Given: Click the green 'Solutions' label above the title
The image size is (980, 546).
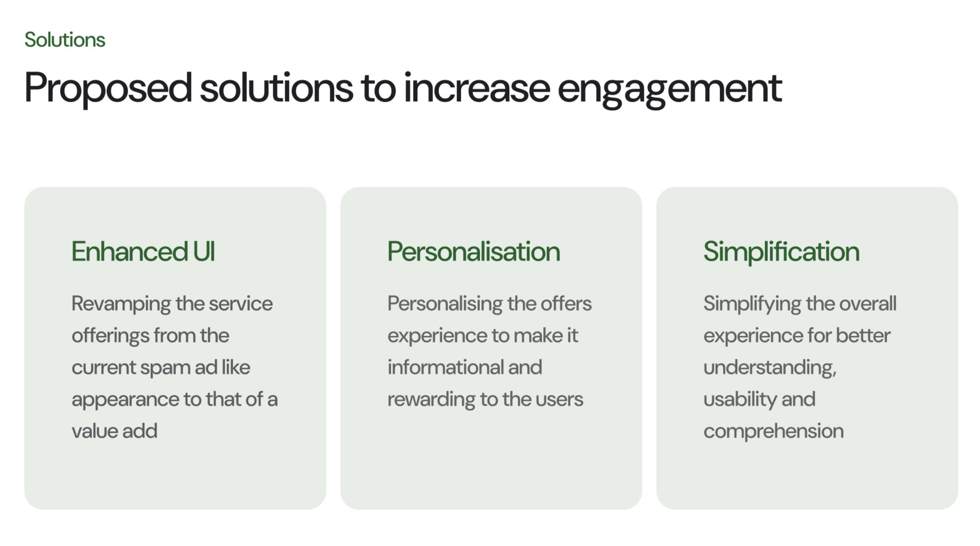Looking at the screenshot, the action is click(x=65, y=40).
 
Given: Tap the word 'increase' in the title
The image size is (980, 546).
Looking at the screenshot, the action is click(x=477, y=88).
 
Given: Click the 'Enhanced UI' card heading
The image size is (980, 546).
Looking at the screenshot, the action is click(x=143, y=251).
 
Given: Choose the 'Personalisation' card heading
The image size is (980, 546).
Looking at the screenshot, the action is click(x=474, y=251).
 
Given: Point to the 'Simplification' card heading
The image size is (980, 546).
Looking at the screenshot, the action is click(x=781, y=251).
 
